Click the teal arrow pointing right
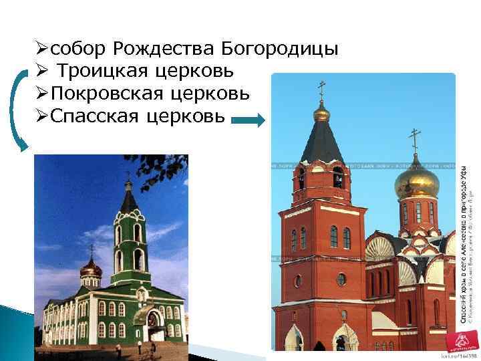click(x=249, y=120)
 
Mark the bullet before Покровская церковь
click(x=41, y=94)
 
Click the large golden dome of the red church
click(x=416, y=181)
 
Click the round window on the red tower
click(x=341, y=279)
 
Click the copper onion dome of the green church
click(x=91, y=269)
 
